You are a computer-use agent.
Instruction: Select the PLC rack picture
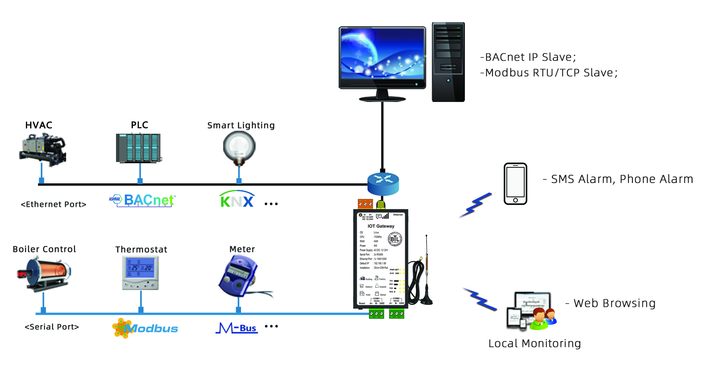[139, 148]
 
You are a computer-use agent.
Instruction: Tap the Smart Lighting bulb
[239, 148]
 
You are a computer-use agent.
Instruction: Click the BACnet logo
[143, 200]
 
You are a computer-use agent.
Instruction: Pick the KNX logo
[237, 200]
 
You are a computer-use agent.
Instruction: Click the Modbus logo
[145, 328]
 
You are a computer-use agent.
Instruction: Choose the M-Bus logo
[237, 328]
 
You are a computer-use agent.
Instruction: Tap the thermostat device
[141, 272]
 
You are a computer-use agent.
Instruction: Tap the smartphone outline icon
[515, 184]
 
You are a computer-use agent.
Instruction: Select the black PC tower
[448, 62]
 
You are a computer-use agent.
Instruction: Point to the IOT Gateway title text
[381, 226]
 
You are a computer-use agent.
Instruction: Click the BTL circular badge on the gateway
[395, 239]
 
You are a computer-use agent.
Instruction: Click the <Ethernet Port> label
[54, 204]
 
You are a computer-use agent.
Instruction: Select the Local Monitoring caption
[534, 343]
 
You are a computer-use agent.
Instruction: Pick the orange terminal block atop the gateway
[365, 204]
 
